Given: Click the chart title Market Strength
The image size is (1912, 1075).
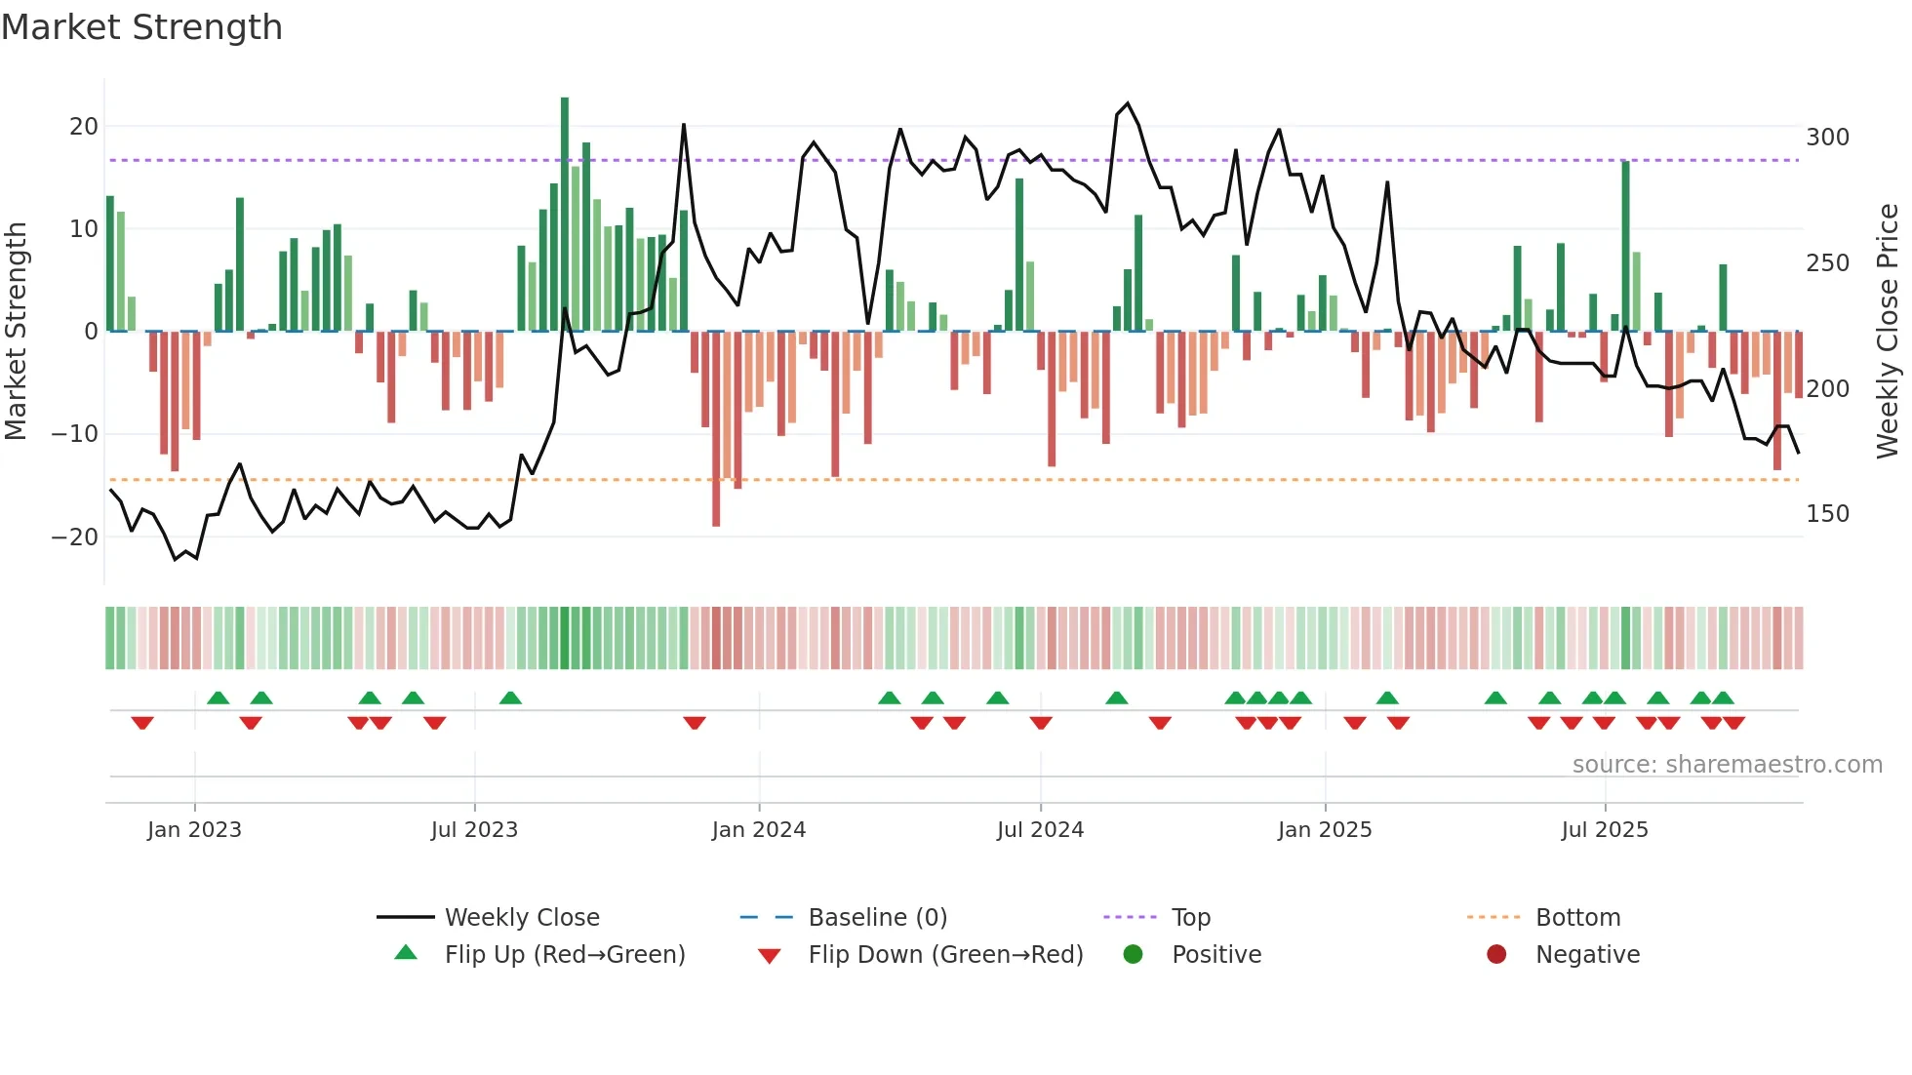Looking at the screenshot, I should point(141,27).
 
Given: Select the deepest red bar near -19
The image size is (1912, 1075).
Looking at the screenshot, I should point(716,429).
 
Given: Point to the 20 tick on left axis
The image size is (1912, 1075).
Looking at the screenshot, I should point(84,126).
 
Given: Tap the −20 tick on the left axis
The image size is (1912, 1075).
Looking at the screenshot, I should point(75,537).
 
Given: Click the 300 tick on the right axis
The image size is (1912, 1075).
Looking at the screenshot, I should point(1827,138).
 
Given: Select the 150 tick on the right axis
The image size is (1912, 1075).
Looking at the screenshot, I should point(1827,514).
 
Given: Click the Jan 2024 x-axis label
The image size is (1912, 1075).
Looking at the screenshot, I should point(758,830).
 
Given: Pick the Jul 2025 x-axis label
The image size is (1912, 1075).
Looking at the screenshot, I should point(1604,830).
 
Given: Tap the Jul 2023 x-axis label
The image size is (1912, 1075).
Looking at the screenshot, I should point(474,830).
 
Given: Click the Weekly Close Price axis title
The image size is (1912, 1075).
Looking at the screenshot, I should point(1888,332).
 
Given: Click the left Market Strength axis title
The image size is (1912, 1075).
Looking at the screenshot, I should point(16,332).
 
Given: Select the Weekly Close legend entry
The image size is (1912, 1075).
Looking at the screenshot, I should point(521,918).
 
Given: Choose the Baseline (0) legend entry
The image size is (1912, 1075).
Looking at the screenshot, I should point(877,918).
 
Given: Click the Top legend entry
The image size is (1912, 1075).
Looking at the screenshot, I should point(1190,918).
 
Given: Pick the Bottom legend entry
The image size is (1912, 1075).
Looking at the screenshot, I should point(1576,918).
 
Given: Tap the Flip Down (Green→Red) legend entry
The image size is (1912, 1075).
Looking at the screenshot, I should point(944,955).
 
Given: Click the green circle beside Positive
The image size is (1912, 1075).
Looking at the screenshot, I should point(1133,955).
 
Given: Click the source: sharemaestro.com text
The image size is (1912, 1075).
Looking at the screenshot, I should point(1727,765).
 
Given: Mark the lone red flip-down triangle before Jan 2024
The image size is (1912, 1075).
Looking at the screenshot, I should point(695,723).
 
